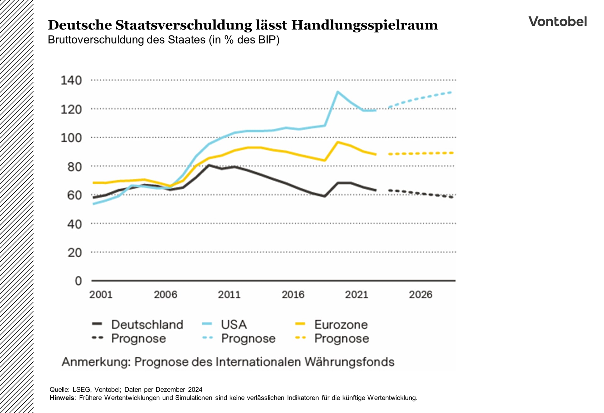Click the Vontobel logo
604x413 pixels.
[557, 21]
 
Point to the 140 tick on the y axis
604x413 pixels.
[71, 81]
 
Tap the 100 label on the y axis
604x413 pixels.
[71, 138]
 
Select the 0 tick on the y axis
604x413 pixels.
[78, 281]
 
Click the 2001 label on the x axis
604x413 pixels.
[101, 295]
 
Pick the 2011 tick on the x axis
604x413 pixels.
[229, 295]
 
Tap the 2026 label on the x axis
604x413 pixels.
[420, 295]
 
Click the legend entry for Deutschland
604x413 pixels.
[147, 324]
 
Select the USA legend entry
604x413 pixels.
[233, 324]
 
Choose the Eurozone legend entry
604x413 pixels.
[341, 324]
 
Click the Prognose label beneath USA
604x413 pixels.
[248, 338]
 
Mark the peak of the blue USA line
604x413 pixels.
[338, 92]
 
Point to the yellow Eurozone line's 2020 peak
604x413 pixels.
[338, 142]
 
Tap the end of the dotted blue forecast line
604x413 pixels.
[451, 92]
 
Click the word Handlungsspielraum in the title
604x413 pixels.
[364, 25]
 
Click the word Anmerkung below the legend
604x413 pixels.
[96, 362]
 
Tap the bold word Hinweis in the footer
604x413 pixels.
[62, 398]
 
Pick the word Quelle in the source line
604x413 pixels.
[59, 390]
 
